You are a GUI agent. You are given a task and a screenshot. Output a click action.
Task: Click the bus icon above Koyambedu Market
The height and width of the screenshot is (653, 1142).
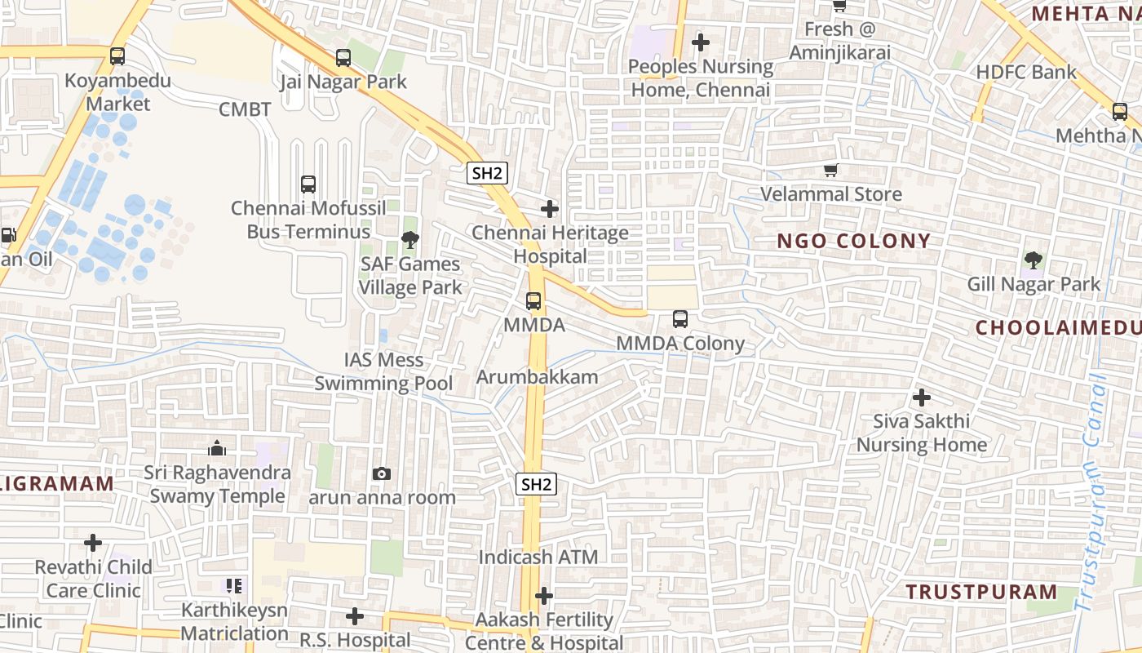tap(117, 56)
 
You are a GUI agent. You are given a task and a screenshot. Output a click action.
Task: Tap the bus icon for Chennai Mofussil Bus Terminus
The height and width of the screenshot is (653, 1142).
tap(308, 184)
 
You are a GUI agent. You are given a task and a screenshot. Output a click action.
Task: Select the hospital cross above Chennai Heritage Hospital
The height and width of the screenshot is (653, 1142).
tap(551, 209)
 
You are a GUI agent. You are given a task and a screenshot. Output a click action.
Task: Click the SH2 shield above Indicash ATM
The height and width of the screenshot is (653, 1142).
tap(537, 484)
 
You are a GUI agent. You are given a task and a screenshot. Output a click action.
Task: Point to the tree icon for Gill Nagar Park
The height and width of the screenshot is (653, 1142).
tap(1034, 260)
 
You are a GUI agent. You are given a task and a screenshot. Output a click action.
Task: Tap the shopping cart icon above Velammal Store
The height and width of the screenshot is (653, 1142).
tap(831, 171)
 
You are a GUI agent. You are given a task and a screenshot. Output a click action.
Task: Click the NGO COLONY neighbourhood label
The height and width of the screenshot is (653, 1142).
tap(853, 241)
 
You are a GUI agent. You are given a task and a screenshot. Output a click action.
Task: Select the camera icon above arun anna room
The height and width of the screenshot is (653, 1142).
tap(381, 474)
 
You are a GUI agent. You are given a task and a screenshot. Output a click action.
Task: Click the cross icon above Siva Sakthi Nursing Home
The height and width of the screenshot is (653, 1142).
tap(922, 398)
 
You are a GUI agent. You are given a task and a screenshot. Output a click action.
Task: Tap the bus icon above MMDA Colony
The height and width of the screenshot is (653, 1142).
tap(680, 319)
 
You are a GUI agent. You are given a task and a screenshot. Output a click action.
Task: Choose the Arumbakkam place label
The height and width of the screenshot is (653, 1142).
tap(538, 377)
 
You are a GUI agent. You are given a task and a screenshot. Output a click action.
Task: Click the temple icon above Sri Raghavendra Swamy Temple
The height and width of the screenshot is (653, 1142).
tap(217, 448)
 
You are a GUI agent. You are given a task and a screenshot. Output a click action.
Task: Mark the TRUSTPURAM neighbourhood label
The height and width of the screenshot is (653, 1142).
tap(981, 592)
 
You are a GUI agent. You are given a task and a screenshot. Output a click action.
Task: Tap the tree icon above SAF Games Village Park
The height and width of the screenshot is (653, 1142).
tap(410, 240)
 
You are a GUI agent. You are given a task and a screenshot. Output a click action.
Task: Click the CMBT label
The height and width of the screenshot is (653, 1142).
tap(245, 109)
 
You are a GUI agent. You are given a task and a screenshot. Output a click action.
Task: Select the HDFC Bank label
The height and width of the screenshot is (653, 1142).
tap(1026, 72)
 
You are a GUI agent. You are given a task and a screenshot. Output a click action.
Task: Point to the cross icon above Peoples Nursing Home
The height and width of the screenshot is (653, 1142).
tap(701, 42)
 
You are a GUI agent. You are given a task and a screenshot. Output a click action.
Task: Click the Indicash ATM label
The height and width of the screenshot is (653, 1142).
tap(538, 557)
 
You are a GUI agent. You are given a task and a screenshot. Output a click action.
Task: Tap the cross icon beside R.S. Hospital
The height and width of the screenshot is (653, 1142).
tap(355, 616)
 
